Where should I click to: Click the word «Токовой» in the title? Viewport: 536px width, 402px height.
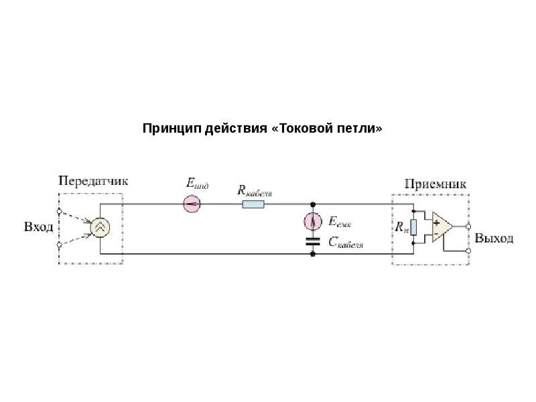308,128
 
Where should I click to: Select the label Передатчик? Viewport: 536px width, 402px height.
93,181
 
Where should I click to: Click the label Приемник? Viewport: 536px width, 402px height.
435,184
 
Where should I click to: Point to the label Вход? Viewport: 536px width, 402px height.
38,227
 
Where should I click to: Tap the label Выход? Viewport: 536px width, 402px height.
494,239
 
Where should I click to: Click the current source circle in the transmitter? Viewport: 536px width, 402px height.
100,228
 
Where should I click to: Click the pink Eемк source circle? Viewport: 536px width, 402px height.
313,220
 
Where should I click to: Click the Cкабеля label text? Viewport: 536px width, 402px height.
346,243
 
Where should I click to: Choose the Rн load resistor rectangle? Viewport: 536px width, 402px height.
413,227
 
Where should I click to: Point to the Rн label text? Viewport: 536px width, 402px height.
401,228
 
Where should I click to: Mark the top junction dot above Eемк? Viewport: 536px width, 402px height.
313,203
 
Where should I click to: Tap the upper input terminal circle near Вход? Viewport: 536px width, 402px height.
60,212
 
